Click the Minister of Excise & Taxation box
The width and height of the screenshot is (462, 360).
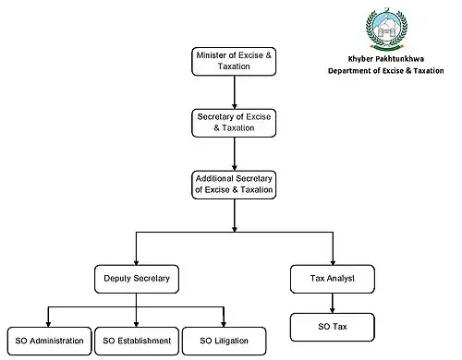coord(234,61)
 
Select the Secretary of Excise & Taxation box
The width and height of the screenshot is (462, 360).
coord(234,123)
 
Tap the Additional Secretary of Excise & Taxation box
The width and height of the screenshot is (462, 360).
coord(234,185)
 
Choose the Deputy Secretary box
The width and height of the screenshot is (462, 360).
coord(137,279)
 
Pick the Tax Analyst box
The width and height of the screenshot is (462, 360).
coord(333,279)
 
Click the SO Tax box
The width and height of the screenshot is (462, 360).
coord(333,327)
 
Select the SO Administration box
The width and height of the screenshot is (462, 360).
coord(49,341)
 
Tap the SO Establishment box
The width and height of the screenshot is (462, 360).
coord(137,341)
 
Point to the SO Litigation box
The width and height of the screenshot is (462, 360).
coord(224,341)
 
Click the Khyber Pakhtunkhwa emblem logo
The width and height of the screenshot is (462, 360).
coord(386,29)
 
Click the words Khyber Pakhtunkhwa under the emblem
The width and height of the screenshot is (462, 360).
coord(386,59)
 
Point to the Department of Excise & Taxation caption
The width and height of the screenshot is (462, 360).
coord(386,71)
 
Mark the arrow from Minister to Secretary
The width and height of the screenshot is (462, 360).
coord(235,92)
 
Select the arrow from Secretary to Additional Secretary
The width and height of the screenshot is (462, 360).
coord(235,154)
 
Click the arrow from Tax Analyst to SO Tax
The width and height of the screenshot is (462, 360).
coord(333,303)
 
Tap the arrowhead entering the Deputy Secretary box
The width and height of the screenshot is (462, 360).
coord(136,262)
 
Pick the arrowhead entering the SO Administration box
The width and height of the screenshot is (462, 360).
coord(48,324)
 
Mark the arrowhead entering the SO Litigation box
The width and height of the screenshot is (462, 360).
coord(224,324)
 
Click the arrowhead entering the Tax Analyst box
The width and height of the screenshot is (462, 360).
coord(333,262)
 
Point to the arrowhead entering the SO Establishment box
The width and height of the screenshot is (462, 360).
coord(136,324)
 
